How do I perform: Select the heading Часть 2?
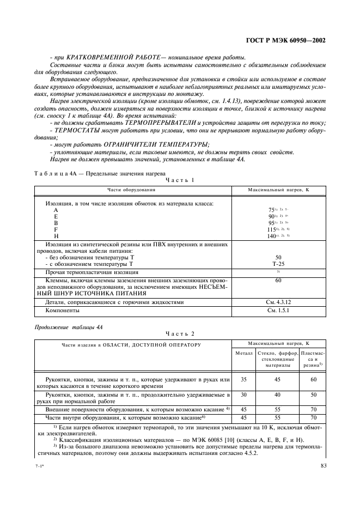click(x=180, y=333)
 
